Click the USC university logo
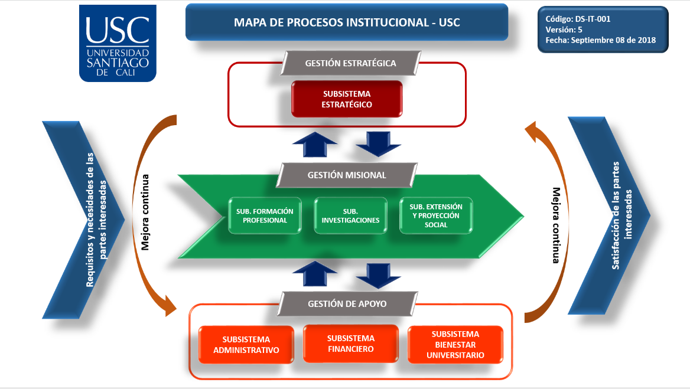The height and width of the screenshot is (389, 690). tap(118, 43)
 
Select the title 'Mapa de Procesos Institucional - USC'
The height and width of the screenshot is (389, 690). tap(347, 23)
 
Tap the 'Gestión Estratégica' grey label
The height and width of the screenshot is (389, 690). tap(350, 63)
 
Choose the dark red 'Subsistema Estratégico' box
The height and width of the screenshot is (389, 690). tap(347, 99)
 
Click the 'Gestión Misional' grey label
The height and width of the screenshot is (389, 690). tap(347, 175)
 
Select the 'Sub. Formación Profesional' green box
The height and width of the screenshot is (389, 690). tap(264, 215)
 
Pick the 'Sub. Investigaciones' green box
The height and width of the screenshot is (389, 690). tap(350, 215)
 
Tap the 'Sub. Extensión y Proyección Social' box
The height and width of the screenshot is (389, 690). tap(436, 215)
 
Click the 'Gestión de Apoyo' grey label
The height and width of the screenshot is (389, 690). tap(347, 303)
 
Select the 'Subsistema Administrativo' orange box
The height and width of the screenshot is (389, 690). tap(246, 344)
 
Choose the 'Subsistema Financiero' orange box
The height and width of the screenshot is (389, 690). tap(350, 343)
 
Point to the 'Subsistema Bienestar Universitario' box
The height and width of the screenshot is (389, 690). tap(455, 344)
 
